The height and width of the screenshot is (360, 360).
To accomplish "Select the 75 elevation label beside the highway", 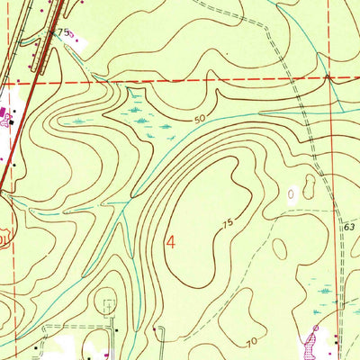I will pyautogui.click(x=62, y=31).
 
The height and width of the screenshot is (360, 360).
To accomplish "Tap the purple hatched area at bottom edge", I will pyautogui.click(x=315, y=339).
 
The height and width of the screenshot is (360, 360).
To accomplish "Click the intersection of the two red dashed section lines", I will pyautogui.click(x=332, y=78).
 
